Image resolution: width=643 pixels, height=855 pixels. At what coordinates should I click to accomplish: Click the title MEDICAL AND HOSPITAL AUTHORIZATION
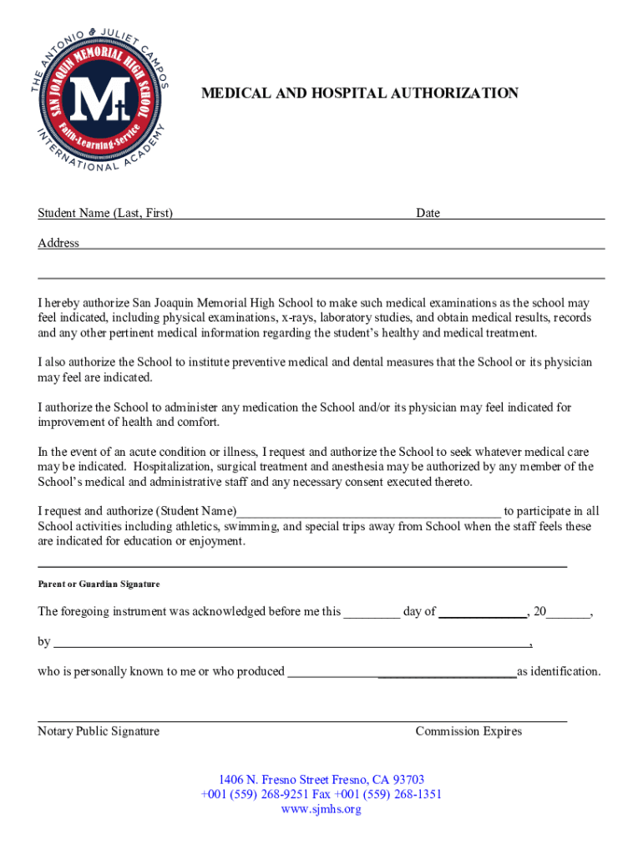pos(359,94)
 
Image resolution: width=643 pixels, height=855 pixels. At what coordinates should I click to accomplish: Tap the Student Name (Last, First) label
pos(105,213)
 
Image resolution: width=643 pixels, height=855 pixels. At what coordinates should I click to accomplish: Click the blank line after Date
pos(522,215)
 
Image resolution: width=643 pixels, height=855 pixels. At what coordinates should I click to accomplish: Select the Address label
pos(58,243)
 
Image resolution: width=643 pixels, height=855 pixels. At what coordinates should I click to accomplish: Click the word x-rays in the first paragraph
pos(297,318)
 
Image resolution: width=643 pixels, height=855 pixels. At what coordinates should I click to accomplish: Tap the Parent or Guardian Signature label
pos(99,584)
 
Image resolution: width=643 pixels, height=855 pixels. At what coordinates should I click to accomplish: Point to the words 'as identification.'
pos(558,671)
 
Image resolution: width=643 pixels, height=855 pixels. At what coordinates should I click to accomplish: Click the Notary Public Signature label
pos(99,731)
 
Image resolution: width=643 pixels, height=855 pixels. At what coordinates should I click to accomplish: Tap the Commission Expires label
pos(468,731)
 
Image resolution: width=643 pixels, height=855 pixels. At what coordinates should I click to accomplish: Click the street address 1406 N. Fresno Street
pos(283,780)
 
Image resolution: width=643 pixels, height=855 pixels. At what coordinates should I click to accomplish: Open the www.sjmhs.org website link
pos(321,809)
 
